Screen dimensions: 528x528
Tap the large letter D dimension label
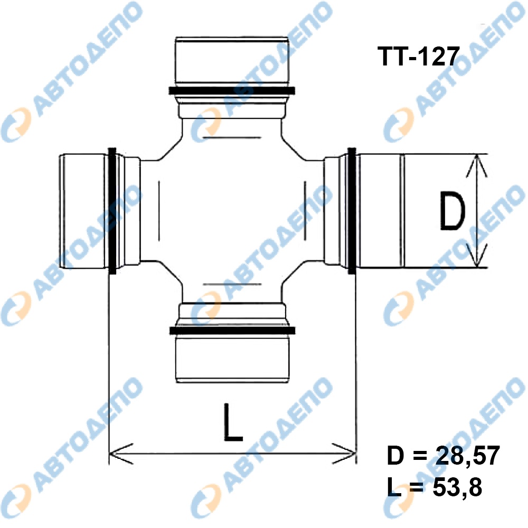click(452, 211)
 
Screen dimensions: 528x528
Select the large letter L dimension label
click(233, 422)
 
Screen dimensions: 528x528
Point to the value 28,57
click(468, 456)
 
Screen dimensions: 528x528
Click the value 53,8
click(457, 487)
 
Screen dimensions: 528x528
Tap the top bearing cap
click(232, 61)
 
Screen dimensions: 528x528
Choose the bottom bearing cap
click(232, 359)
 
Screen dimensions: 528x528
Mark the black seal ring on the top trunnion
click(232, 91)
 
